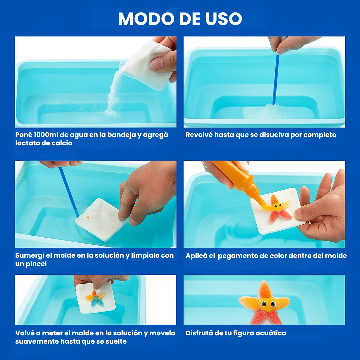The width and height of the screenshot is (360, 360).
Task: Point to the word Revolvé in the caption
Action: pyautogui.click(x=199, y=135)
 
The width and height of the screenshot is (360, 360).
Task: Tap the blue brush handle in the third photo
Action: pyautogui.click(x=68, y=192)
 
